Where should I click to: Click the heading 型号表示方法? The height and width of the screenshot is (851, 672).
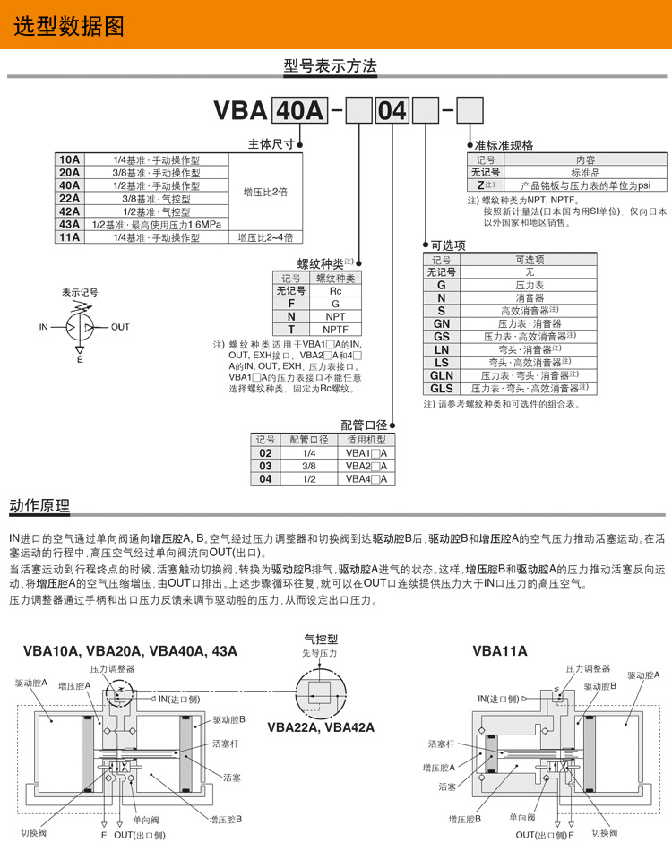(x=331, y=66)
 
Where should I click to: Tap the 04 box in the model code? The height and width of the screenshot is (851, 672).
(x=391, y=111)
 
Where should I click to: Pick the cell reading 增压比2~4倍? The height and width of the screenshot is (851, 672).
(x=266, y=237)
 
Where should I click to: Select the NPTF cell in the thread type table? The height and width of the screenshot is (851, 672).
(x=335, y=329)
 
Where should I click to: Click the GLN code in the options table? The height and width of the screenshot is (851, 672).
(x=441, y=375)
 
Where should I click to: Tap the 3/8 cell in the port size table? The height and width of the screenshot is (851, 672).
(x=309, y=466)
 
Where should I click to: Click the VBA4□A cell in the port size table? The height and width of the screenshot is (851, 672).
(x=366, y=479)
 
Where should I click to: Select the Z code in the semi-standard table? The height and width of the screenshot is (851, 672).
(x=481, y=185)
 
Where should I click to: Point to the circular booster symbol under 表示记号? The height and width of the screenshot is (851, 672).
(x=80, y=327)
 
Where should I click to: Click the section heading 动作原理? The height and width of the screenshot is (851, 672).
(x=39, y=506)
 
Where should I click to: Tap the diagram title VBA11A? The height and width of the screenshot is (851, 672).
(x=500, y=651)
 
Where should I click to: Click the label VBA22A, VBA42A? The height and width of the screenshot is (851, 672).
(x=321, y=726)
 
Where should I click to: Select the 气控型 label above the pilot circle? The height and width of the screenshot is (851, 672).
(x=321, y=640)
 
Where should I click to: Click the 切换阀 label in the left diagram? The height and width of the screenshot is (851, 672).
(x=33, y=832)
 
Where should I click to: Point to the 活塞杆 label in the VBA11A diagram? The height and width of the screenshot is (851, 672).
(x=443, y=744)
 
